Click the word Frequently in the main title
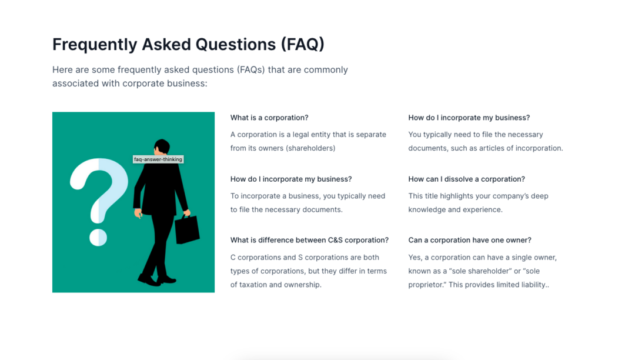coord(95,45)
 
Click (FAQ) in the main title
coord(303,45)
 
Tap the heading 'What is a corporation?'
coord(269,118)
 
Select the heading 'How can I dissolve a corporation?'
coord(466,179)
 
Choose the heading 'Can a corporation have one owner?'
coord(470,240)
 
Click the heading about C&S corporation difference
coord(309,240)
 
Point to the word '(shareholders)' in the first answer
coord(310,148)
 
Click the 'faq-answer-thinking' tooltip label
coord(158,159)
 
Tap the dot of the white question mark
coord(98,237)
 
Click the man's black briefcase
coord(187,229)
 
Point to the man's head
coord(162,146)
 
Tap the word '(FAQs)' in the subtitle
coord(250,69)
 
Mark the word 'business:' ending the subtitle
coord(189,84)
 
